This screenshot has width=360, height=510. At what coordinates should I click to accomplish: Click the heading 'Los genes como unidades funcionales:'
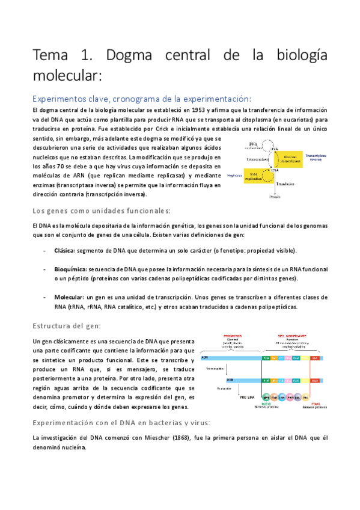102,210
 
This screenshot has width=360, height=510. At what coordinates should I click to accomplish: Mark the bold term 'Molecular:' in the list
69,297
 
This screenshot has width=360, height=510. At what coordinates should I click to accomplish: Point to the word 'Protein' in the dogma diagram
275,196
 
